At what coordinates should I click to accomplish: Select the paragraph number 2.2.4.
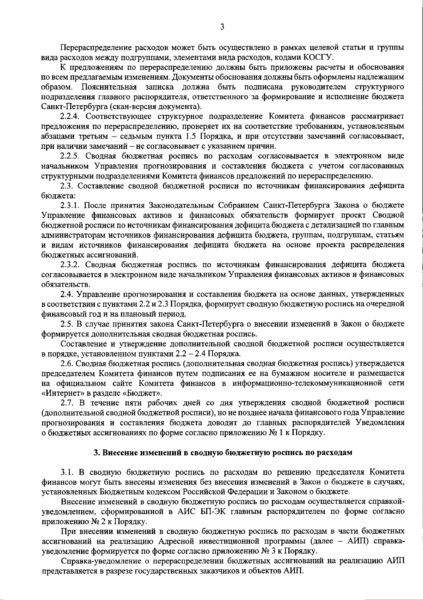tap(72, 116)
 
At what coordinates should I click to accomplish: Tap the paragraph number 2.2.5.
tap(72, 156)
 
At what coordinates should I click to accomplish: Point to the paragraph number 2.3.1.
tap(72, 205)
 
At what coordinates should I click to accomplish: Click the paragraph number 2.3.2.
tap(72, 264)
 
